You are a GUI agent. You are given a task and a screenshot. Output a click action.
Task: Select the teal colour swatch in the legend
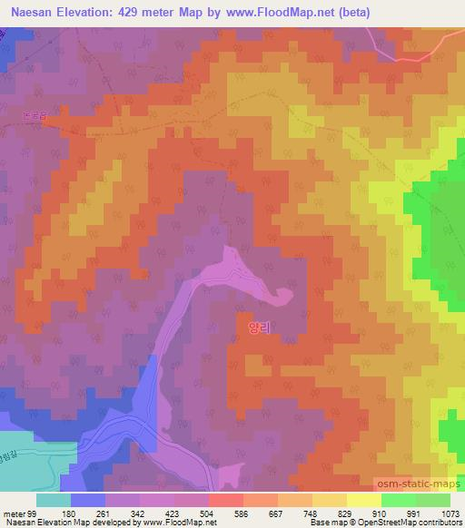[x=54, y=500]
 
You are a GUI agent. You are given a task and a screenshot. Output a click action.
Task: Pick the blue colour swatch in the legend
[x=88, y=500]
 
